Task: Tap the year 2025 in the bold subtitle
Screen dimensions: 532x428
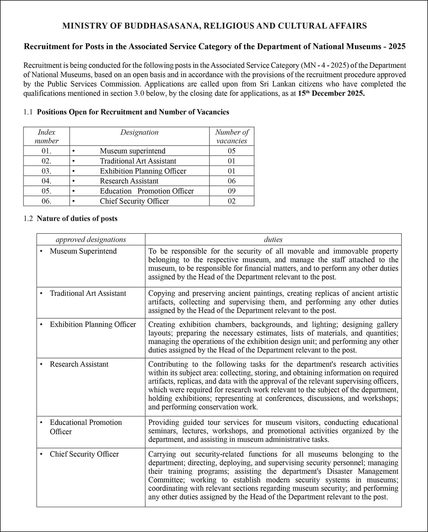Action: point(397,47)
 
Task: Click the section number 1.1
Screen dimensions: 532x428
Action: point(28,112)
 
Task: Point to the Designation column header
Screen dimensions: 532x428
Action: point(139,132)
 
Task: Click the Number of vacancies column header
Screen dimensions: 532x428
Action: point(232,136)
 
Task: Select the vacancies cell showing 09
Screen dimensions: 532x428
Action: point(232,191)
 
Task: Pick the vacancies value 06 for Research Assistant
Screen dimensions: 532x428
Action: point(232,181)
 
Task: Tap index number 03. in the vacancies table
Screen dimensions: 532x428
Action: point(46,171)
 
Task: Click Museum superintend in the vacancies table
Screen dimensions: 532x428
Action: point(132,151)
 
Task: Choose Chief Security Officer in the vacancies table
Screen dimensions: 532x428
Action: point(134,201)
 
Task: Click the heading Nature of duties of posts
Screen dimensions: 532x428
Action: point(77,219)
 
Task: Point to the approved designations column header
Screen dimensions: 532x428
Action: point(91,240)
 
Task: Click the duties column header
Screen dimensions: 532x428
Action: point(273,240)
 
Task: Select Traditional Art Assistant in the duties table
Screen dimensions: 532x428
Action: point(88,293)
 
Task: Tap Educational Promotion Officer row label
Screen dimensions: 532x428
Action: point(85,427)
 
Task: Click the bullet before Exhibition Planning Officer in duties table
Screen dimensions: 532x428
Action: point(41,325)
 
